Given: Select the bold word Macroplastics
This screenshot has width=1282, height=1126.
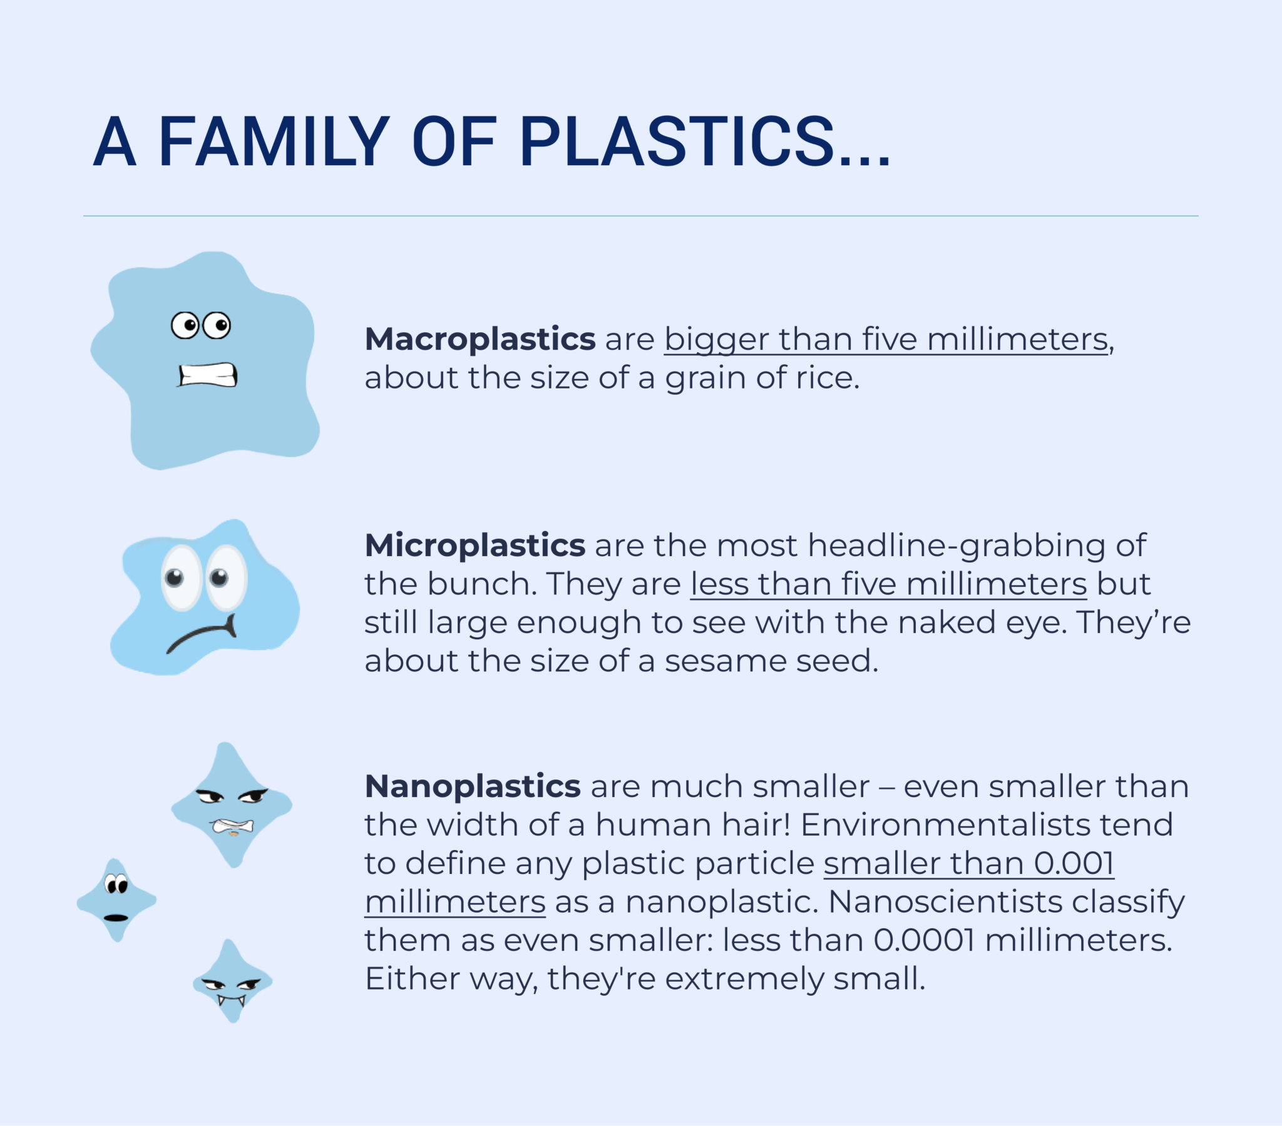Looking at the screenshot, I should [479, 339].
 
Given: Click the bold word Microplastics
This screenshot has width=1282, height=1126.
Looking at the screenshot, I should [474, 545].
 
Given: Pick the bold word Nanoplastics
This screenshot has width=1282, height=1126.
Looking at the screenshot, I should [472, 786].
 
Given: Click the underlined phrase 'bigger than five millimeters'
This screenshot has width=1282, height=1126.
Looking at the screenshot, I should [886, 339].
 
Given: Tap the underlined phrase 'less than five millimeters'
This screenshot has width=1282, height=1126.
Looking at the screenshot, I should [888, 584].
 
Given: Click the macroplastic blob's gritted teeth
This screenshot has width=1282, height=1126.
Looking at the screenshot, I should [208, 375].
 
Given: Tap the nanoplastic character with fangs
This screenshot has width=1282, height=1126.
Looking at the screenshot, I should [232, 981].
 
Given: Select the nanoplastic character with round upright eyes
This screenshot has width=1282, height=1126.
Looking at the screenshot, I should [116, 900].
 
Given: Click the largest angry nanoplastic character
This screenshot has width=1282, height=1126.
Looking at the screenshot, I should [232, 806].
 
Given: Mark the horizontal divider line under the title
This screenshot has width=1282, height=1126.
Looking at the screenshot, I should [640, 216].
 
